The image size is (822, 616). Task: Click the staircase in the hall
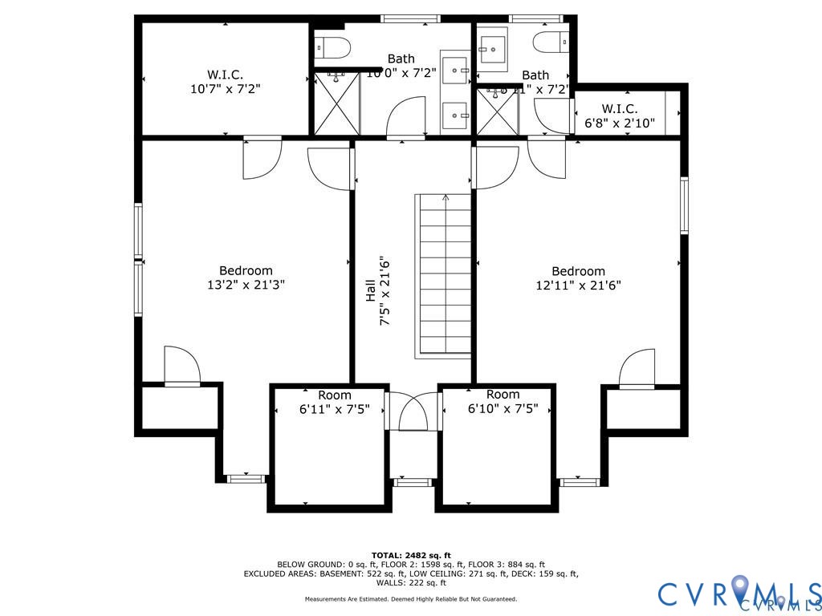(x=443, y=275)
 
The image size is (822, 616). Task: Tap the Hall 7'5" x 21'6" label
(x=377, y=290)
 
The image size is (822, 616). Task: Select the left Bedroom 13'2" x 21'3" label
(x=246, y=278)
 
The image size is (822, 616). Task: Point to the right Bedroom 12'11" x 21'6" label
(x=578, y=278)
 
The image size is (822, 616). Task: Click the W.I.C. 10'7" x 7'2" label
(x=225, y=82)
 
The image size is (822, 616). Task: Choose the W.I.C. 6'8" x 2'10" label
(x=619, y=115)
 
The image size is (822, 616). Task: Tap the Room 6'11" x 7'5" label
(x=334, y=402)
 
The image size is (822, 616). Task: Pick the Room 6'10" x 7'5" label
(x=503, y=401)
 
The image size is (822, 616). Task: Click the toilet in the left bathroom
(x=331, y=47)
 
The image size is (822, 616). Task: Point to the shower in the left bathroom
(x=336, y=103)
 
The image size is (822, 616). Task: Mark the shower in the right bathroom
(x=497, y=111)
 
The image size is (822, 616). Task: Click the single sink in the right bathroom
(x=492, y=49)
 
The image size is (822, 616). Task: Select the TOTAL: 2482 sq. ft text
(x=411, y=555)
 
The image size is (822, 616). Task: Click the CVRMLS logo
(x=739, y=594)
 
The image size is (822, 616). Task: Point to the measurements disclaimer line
(x=411, y=599)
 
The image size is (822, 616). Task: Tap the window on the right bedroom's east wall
(x=685, y=205)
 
